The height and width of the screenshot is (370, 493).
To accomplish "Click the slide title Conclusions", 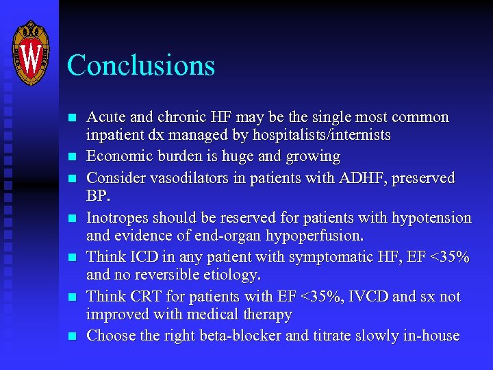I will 141,66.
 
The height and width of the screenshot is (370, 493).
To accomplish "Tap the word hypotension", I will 431,218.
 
